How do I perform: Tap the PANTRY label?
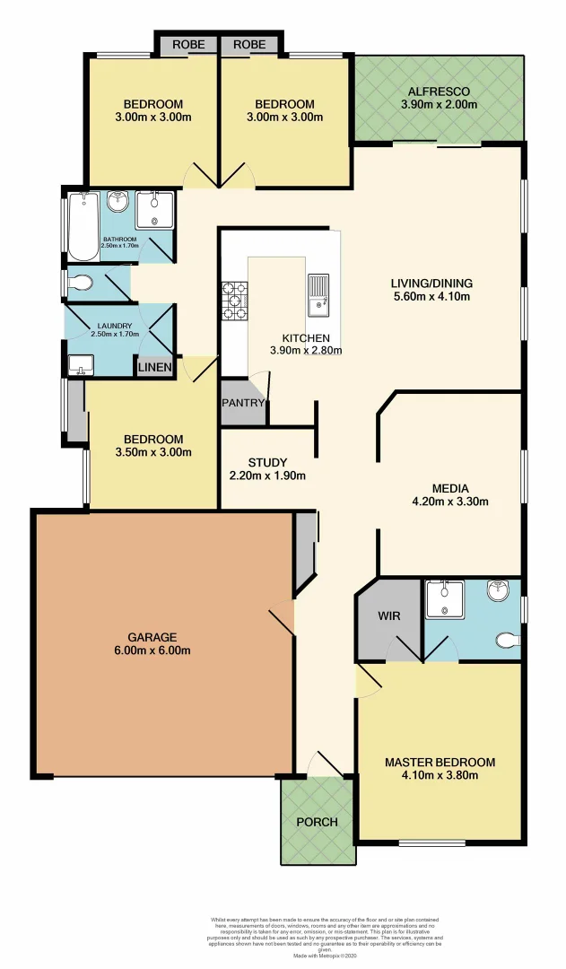click(x=243, y=404)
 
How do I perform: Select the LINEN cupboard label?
click(x=154, y=367)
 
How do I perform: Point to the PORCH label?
click(x=317, y=822)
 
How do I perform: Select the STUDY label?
click(x=267, y=462)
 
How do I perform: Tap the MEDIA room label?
click(x=450, y=489)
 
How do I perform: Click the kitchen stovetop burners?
click(x=236, y=295)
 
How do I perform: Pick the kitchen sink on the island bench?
click(x=318, y=296)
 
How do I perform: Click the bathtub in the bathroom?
click(x=81, y=224)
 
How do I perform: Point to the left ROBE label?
click(x=187, y=44)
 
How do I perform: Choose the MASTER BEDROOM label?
click(x=440, y=763)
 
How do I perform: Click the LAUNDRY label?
click(x=115, y=326)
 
